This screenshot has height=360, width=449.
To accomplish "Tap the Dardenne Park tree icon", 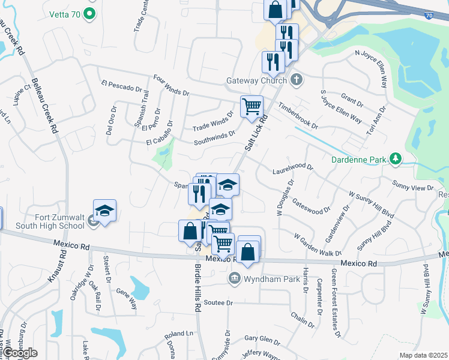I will [396, 159].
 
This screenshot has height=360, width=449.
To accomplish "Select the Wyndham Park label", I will [263, 278].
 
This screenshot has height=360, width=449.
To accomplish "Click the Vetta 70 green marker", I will [89, 13].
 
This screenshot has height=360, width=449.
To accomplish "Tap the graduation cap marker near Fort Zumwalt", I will [104, 212].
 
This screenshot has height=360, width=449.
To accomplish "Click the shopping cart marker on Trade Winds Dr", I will [252, 107].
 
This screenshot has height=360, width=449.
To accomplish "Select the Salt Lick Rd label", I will [256, 133].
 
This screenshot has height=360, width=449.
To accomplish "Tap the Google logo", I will [19, 353].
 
